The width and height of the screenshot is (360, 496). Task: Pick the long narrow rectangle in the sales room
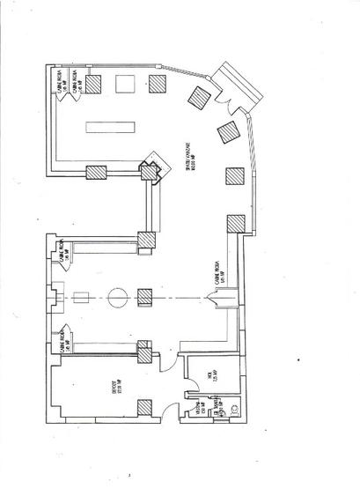point(107,126)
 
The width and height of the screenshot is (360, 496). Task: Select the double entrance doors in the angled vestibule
point(235,90)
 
